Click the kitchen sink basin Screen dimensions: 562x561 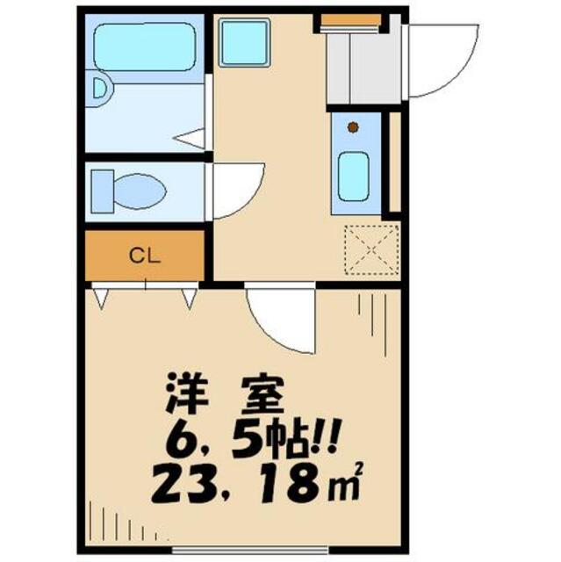(x=353, y=174)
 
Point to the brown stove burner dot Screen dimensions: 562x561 (x=353, y=127)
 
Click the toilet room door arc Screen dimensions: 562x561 (x=235, y=189)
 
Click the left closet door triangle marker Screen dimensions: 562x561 (x=103, y=299)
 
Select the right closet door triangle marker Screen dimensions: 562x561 (x=189, y=299)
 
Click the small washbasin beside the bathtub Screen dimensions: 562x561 (x=98, y=88)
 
